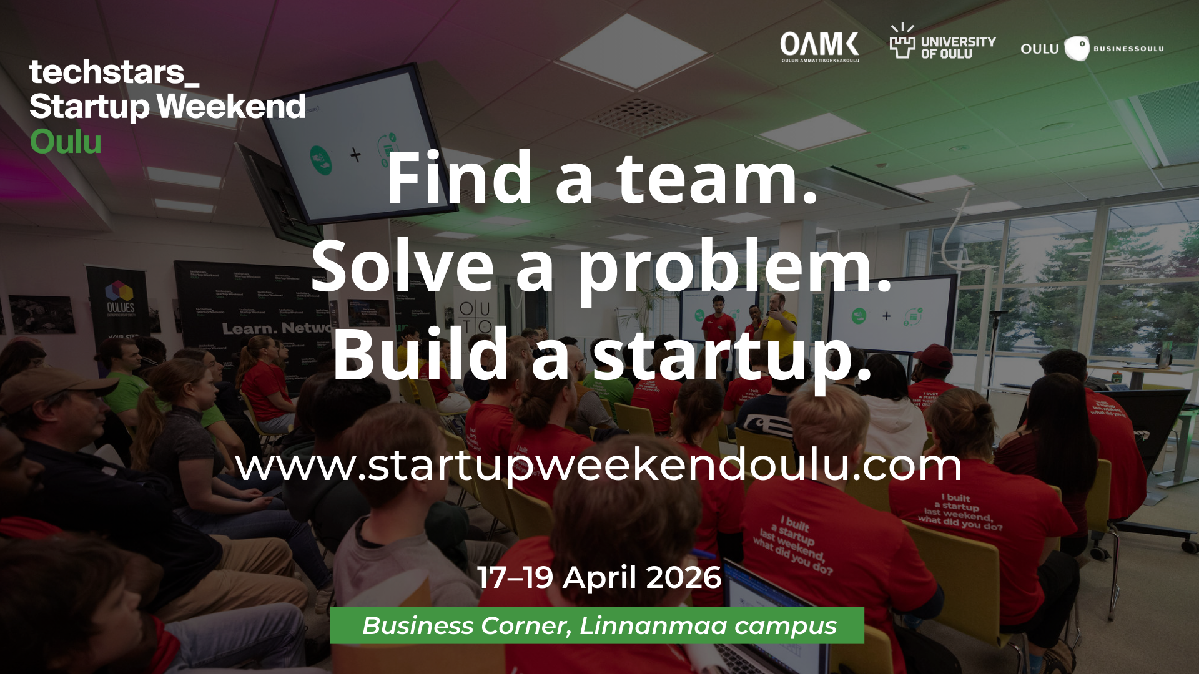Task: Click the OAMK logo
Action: [x=819, y=46]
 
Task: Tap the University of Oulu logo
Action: [x=942, y=44]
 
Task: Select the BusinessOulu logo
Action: [x=1092, y=48]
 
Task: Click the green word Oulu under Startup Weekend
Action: [x=66, y=142]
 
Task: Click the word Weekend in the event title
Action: [x=231, y=106]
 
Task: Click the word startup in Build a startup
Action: [x=732, y=356]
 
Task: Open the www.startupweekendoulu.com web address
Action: [x=598, y=466]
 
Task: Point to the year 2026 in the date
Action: [x=684, y=577]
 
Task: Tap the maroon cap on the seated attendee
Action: [x=933, y=356]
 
